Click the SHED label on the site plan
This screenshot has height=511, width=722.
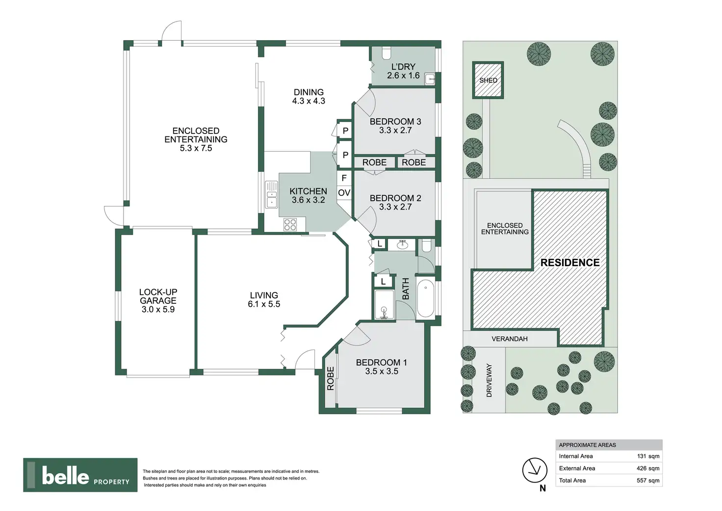488,80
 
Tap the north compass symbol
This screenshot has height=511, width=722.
534,471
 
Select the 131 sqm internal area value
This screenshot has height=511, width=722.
648,456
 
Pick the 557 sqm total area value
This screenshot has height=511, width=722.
648,481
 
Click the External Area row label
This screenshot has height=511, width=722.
577,468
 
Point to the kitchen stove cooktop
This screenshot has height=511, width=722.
290,225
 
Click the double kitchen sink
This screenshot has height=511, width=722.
271,195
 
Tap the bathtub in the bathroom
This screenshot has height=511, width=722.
425,298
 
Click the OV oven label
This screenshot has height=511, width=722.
344,193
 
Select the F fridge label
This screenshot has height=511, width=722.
344,178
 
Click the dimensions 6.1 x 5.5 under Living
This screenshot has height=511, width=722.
264,304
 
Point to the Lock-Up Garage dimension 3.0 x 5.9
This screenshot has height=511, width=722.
158,310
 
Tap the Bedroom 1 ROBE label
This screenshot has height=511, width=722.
331,378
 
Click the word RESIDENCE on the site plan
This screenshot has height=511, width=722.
570,263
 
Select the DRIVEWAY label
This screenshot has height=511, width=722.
489,380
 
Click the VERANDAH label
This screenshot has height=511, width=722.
510,339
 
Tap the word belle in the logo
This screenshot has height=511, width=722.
66,476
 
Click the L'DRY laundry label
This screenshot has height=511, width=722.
403,67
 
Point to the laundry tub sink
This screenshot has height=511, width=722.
430,79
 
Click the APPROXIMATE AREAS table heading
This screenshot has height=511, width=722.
587,445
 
